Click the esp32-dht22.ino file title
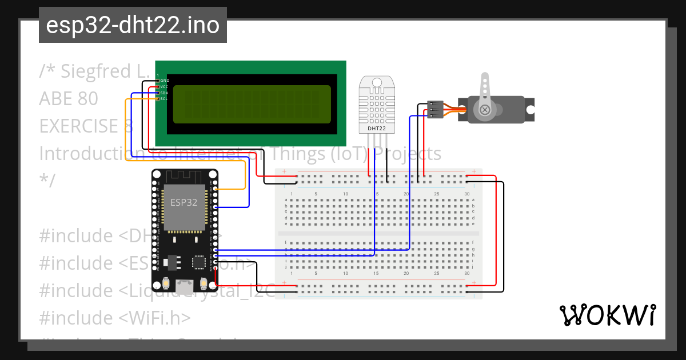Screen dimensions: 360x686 133,25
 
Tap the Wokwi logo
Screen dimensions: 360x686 607,315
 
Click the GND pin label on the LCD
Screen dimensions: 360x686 164,81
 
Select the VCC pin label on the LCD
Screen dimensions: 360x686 164,87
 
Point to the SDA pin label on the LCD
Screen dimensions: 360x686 164,93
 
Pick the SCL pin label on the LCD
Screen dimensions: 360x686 164,99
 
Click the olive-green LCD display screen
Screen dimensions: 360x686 252,104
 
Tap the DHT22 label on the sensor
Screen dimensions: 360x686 376,129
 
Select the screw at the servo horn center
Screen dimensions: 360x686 485,109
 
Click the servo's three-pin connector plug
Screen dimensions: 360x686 435,109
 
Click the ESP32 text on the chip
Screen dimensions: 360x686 184,202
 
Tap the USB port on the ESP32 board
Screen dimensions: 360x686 184,283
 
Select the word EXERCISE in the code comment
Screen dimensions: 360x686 81,126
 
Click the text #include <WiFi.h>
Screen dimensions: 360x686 115,318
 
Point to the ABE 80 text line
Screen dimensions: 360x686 69,99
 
